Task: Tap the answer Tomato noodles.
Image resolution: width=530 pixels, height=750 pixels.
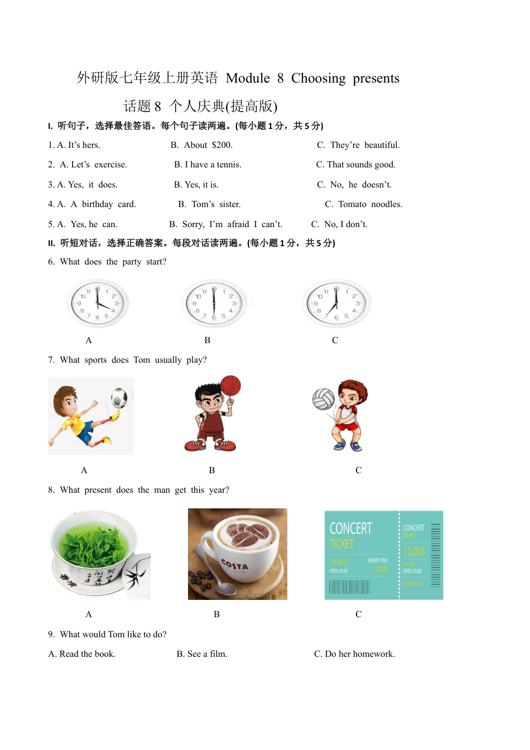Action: [370, 204]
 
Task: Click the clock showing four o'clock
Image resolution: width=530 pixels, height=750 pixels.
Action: [98, 304]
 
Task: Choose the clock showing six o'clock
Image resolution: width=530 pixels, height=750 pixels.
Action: [214, 304]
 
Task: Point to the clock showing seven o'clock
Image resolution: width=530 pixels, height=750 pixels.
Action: [336, 304]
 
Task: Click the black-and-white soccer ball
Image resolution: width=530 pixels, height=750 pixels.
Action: [119, 398]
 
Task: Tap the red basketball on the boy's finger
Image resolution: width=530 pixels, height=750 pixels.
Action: [230, 385]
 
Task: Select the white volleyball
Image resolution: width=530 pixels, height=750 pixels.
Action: [323, 399]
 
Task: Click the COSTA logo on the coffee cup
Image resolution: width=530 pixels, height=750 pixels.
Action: [235, 565]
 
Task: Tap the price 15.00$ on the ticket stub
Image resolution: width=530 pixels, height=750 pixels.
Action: [414, 551]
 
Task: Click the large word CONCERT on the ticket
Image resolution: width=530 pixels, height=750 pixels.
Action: [350, 528]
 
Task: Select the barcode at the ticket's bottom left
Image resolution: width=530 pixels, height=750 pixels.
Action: [349, 587]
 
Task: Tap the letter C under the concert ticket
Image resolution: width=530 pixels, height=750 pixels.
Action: [358, 614]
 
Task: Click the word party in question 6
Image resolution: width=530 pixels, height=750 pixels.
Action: [132, 262]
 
